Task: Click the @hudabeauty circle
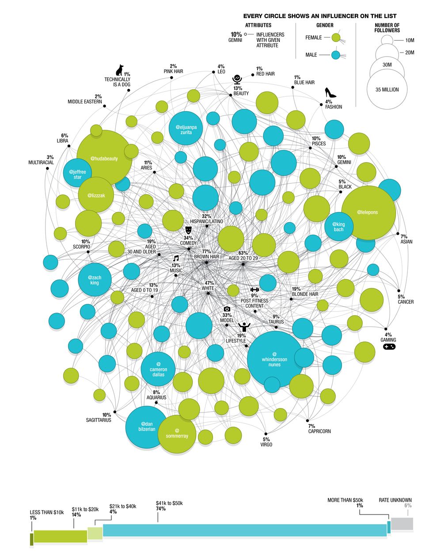pos(104,158)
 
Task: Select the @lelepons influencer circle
pos(368,212)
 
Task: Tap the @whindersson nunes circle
pos(274,359)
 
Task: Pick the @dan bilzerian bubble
pos(147,426)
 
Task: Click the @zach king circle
pos(95,280)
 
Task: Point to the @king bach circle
pos(338,227)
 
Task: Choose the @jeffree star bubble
pos(77,174)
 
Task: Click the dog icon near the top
pos(120,70)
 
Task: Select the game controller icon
pos(389,347)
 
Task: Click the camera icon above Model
pos(227,309)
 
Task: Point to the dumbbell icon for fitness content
pos(254,289)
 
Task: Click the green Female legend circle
pos(335,38)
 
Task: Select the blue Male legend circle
pos(335,55)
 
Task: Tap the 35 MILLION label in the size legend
pos(387,90)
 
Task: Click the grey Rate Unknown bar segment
pos(402,524)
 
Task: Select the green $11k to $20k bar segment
pos(60,536)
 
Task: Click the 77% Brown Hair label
pos(206,254)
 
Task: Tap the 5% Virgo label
pos(266,442)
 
